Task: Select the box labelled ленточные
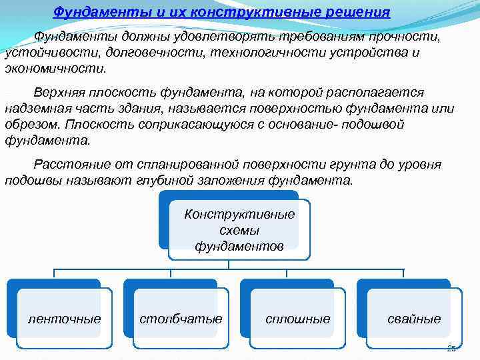(x=65, y=319)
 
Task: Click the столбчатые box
(x=181, y=319)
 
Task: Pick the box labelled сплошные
(x=297, y=319)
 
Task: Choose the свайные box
(x=414, y=319)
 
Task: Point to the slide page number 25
(x=451, y=349)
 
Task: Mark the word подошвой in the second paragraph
(x=373, y=125)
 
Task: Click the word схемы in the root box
(x=239, y=230)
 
